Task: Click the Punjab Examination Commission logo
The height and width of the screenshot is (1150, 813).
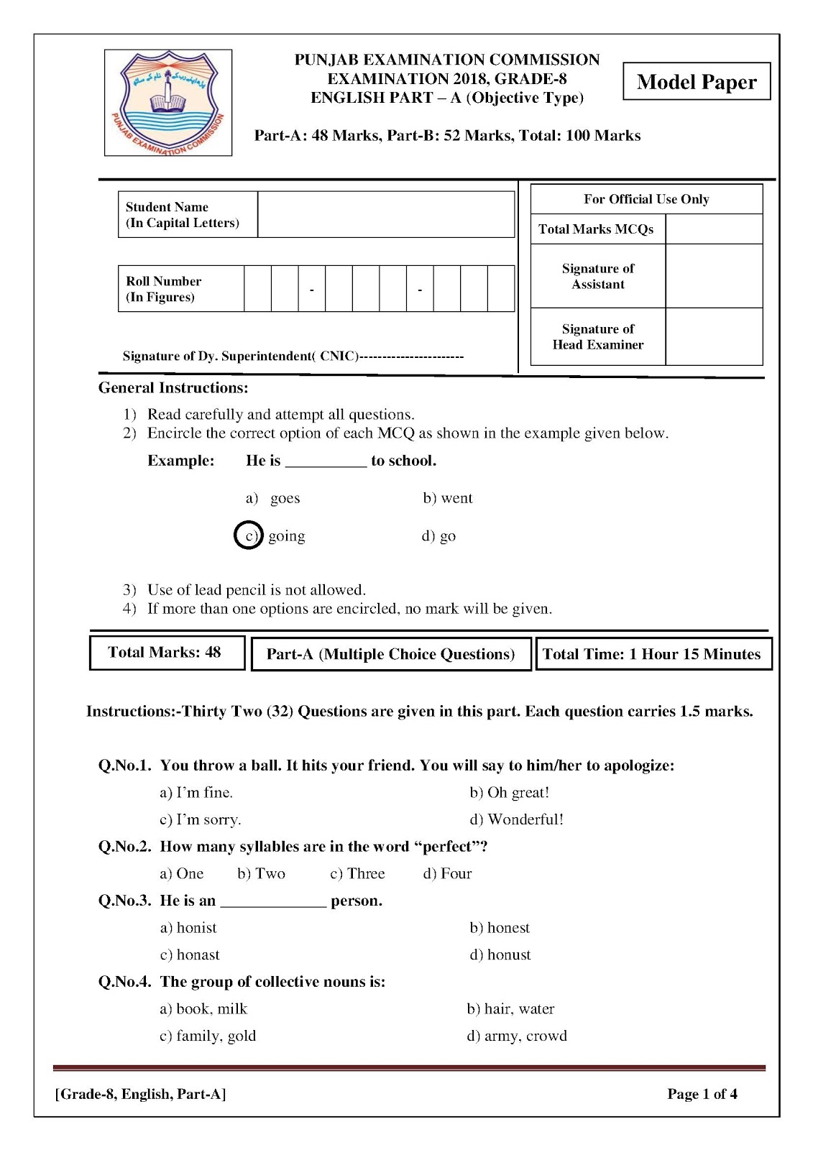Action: click(x=168, y=103)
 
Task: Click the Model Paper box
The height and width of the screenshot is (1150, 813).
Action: click(x=697, y=81)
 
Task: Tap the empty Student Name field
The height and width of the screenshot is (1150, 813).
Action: click(x=386, y=214)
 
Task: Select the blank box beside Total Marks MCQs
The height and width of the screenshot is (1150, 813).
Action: click(x=714, y=229)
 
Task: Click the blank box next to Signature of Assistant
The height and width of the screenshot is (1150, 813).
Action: click(x=714, y=276)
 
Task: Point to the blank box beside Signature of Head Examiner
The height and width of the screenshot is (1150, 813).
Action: click(x=714, y=336)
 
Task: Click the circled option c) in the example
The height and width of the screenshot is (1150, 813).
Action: click(x=249, y=535)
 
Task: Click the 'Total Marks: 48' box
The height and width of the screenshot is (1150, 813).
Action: click(x=167, y=653)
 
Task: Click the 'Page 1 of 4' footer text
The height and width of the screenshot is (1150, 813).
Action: click(x=702, y=1094)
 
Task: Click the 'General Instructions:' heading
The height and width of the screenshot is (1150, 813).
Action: click(x=173, y=388)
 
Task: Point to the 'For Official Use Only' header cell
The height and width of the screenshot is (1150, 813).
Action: click(x=646, y=199)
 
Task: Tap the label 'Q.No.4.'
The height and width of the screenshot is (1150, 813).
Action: click(x=124, y=982)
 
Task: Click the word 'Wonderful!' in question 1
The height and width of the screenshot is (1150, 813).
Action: click(x=525, y=819)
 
